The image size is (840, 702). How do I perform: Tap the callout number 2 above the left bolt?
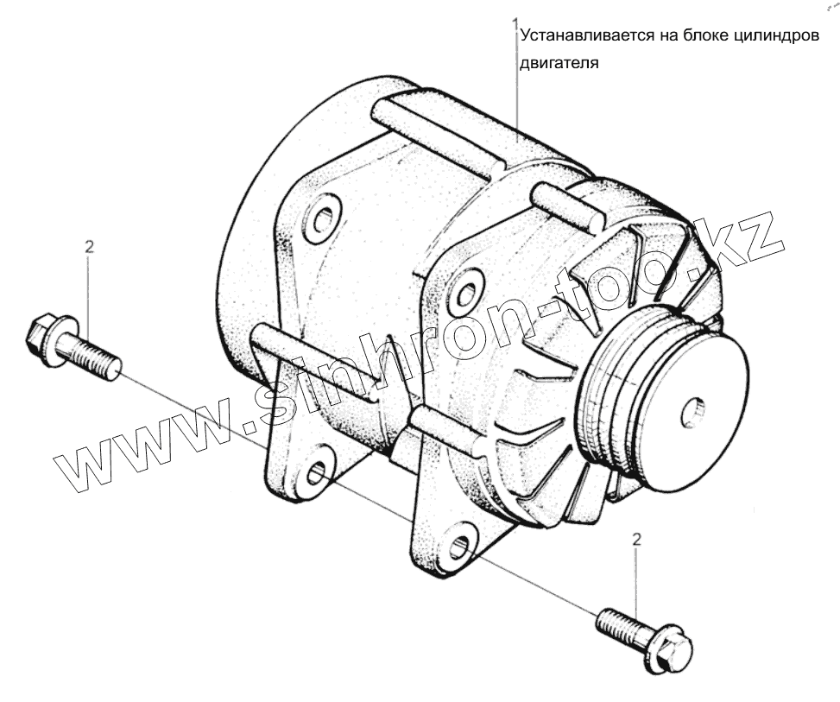coord(89,246)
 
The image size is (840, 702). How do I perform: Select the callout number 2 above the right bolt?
coord(637,541)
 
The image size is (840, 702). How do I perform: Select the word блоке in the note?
coord(702,40)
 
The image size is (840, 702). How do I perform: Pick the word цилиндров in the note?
coord(777,40)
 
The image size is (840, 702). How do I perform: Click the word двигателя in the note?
coord(559,63)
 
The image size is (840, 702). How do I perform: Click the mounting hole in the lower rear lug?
coord(317,471)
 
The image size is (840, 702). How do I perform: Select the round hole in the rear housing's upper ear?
coord(323,219)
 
